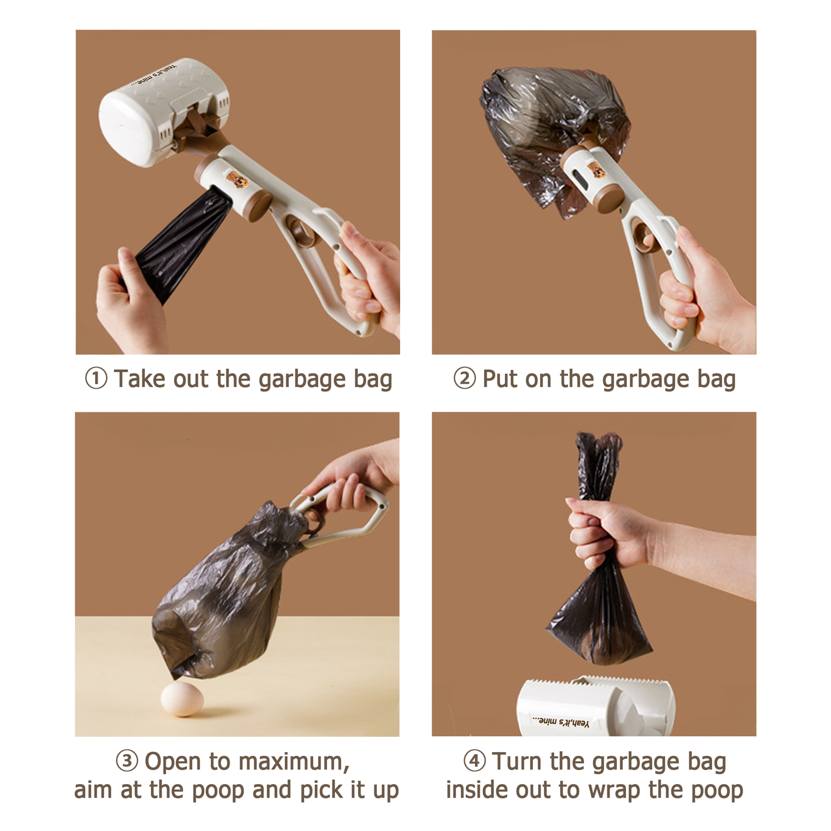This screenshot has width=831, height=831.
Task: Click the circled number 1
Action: pos(96,379)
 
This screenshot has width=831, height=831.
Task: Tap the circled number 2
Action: pos(465,379)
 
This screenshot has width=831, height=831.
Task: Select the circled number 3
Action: pos(127,761)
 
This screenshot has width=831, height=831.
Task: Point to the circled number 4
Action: pos(475,761)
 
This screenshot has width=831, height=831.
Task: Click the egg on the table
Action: pos(182,698)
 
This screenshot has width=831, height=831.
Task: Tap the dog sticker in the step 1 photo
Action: pos(237,179)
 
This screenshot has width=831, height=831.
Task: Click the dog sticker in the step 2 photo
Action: pos(596,169)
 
